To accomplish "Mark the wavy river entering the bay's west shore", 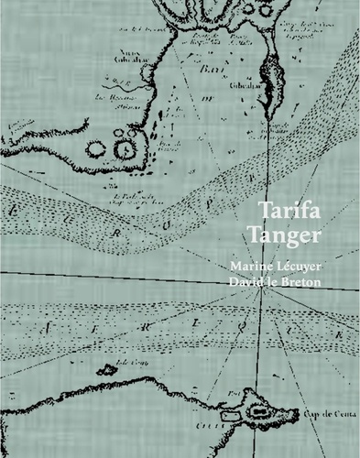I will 128,92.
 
